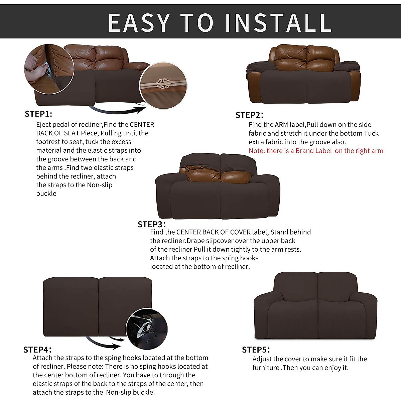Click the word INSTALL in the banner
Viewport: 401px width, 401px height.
pyautogui.click(x=278, y=22)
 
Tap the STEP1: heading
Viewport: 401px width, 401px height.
pyautogui.click(x=38, y=114)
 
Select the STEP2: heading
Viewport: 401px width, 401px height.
pyautogui.click(x=249, y=115)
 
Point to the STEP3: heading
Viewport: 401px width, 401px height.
pyautogui.click(x=151, y=224)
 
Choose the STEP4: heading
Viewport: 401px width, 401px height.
pyautogui.click(x=37, y=350)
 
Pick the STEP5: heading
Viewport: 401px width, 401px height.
pyautogui.click(x=256, y=350)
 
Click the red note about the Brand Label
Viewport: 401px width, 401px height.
pyautogui.click(x=316, y=151)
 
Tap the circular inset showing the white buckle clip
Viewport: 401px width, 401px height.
pyautogui.click(x=163, y=85)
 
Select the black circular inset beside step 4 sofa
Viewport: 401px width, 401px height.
pyautogui.click(x=147, y=329)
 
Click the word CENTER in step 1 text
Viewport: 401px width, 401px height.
pyautogui.click(x=142, y=125)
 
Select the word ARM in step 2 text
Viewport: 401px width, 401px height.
pyautogui.click(x=281, y=125)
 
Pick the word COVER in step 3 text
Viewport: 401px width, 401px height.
pyautogui.click(x=240, y=232)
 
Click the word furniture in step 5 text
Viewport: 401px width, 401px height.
pyautogui.click(x=266, y=368)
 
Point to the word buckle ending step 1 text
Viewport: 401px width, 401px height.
pyautogui.click(x=46, y=193)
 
